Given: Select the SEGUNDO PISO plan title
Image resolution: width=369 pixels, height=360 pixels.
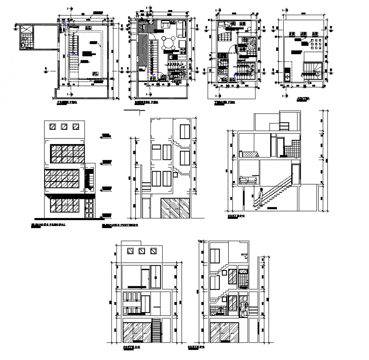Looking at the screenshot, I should [147, 103].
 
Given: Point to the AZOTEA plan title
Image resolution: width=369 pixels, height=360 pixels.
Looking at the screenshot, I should [303, 98].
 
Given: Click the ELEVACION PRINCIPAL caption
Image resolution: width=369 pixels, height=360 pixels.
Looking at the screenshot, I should [48, 225].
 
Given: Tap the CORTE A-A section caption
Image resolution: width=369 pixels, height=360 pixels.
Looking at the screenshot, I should [129, 346].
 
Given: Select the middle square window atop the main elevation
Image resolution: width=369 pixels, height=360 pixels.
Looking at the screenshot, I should [64, 126].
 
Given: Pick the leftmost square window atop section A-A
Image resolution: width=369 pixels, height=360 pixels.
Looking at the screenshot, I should [130, 251].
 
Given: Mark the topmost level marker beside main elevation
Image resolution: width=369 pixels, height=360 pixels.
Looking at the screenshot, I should [106, 136].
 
